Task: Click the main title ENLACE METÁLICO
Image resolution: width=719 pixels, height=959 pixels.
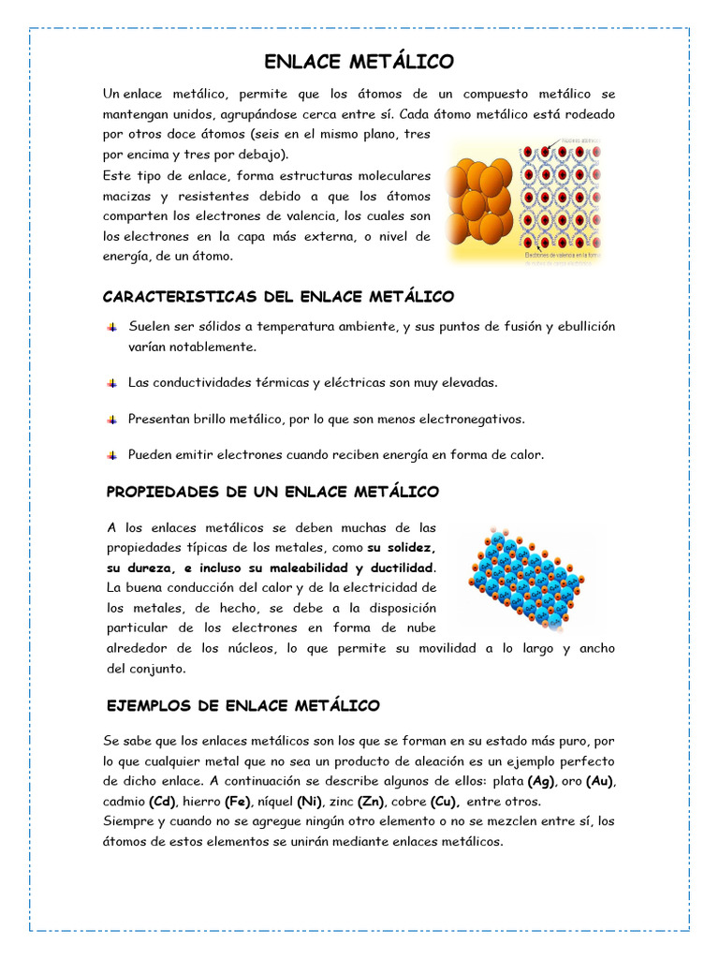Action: click(359, 62)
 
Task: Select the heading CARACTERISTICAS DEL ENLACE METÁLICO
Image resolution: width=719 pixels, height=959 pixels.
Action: click(278, 297)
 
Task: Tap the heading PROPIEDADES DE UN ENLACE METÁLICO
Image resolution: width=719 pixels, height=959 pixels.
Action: click(272, 492)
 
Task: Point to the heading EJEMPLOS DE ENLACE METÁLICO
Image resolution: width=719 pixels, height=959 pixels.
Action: click(243, 705)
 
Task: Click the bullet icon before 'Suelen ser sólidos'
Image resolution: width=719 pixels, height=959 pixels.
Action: click(111, 327)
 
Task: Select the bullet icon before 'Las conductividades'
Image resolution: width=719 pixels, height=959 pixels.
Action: click(111, 383)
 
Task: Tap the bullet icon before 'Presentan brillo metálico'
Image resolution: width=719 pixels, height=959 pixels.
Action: click(111, 419)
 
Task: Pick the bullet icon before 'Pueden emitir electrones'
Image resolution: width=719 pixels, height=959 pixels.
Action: click(111, 454)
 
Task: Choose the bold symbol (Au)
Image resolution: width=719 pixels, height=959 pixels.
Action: click(600, 781)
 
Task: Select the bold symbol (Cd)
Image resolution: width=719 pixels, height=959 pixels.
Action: click(163, 802)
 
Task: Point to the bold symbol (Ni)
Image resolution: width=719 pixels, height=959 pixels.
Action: click(310, 802)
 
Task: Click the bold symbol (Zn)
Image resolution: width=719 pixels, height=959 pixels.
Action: click(373, 802)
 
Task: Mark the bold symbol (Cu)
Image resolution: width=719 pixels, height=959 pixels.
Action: click(445, 802)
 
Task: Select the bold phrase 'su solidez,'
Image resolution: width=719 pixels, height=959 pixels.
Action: click(402, 547)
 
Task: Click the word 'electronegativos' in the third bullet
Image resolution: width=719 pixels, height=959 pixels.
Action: click(472, 419)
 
